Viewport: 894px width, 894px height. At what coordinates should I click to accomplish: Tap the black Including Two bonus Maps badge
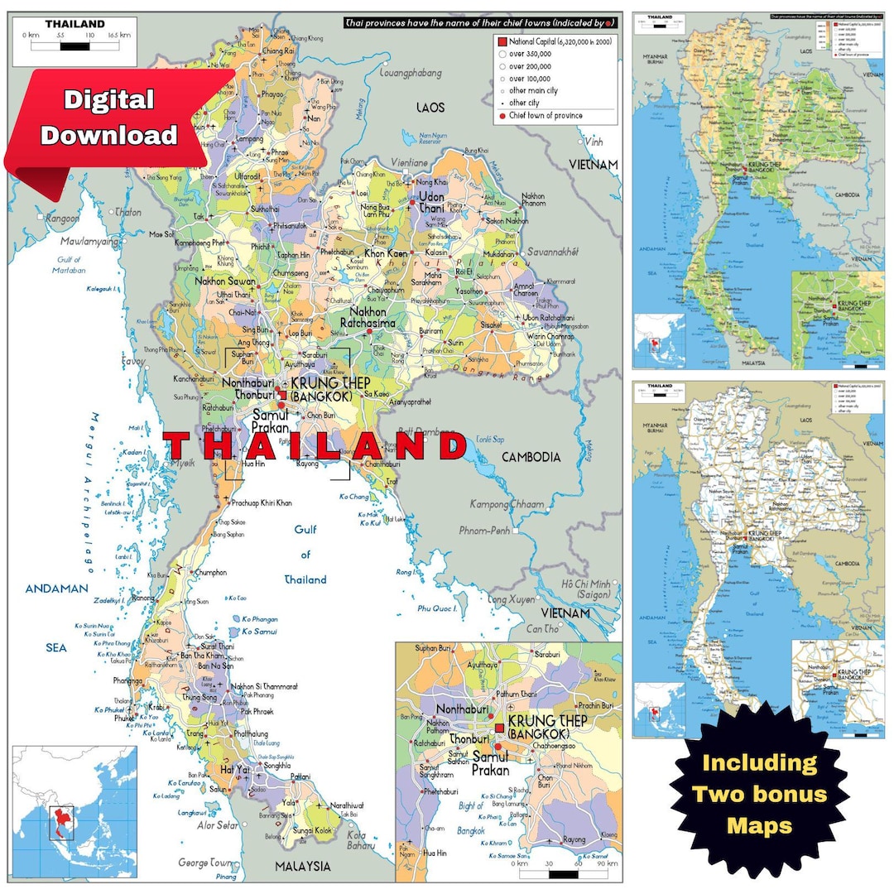coord(759,793)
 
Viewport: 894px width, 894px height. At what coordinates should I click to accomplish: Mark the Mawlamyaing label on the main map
coord(90,242)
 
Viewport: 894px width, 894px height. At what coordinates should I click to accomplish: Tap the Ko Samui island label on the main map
coord(260,632)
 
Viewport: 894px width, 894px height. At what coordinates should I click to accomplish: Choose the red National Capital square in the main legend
coord(502,41)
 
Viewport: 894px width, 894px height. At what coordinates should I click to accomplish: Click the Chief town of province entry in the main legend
coord(546,116)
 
